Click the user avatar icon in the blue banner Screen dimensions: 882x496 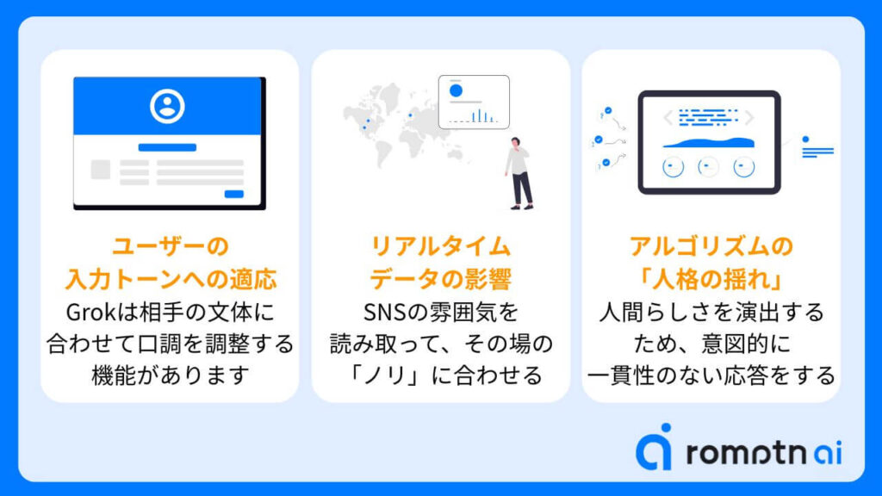(x=167, y=106)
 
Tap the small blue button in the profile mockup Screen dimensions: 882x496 (x=234, y=194)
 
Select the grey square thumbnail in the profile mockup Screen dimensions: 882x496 (x=101, y=170)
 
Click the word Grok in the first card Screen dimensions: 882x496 (x=90, y=312)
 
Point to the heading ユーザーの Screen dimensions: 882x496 (x=171, y=246)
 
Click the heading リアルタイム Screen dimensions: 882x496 (x=440, y=246)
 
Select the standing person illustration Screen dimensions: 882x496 (x=519, y=173)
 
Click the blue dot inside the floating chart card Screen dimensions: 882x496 (x=456, y=90)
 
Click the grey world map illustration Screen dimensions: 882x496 (x=405, y=125)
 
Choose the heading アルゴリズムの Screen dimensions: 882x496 (x=711, y=246)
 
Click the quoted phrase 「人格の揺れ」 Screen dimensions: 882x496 (x=711, y=279)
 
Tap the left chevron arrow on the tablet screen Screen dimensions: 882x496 (x=668, y=117)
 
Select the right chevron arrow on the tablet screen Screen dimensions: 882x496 (x=749, y=117)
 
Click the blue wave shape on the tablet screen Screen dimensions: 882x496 (x=709, y=143)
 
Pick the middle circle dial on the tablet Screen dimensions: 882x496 (x=708, y=167)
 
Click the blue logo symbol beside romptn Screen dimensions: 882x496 (x=655, y=447)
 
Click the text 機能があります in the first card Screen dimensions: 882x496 (x=171, y=375)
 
